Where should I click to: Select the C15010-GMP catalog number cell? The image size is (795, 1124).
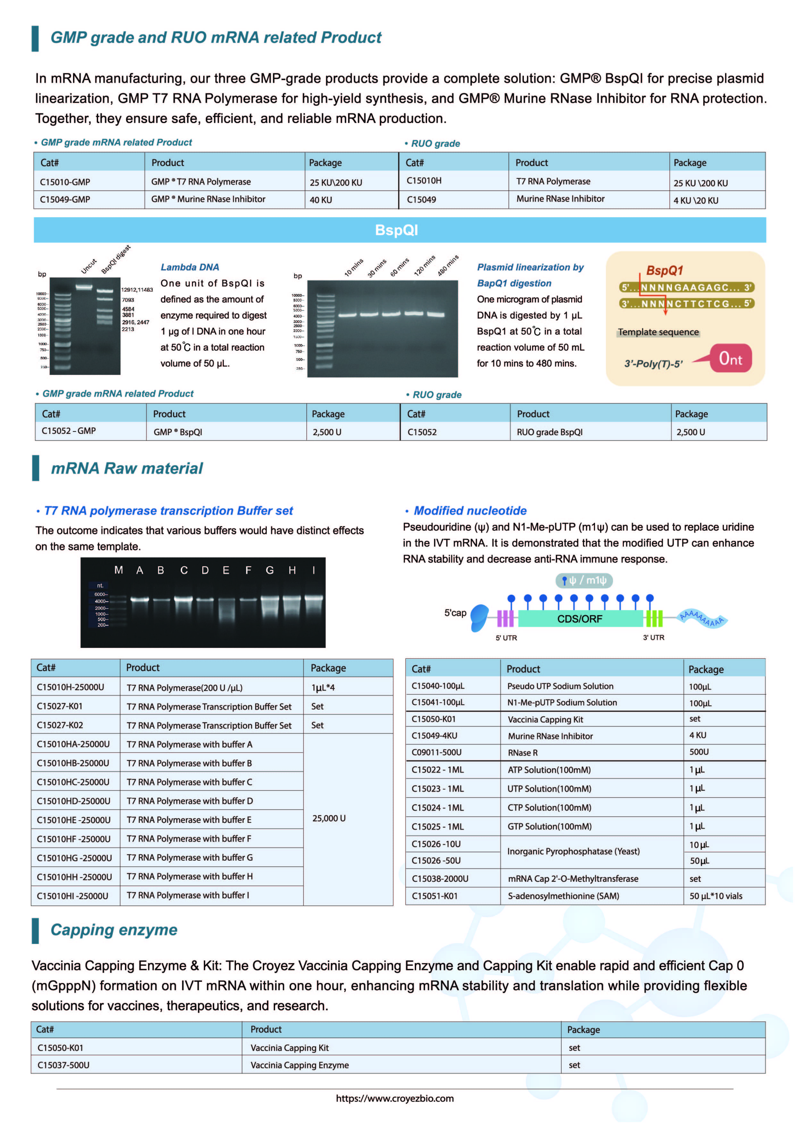click(65, 182)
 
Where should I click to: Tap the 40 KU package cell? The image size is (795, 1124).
click(321, 200)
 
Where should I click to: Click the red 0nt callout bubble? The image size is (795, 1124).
click(730, 359)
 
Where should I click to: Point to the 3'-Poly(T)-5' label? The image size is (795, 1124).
click(653, 364)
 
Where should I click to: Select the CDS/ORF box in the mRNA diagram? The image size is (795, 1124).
click(580, 619)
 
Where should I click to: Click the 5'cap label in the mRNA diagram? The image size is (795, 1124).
click(455, 613)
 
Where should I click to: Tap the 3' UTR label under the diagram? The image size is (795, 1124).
click(653, 637)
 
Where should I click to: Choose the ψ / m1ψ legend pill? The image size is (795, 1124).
click(584, 581)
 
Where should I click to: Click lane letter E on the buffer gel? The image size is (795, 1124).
click(226, 570)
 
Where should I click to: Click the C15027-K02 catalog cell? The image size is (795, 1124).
click(60, 725)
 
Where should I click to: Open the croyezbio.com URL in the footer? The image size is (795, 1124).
click(395, 1099)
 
